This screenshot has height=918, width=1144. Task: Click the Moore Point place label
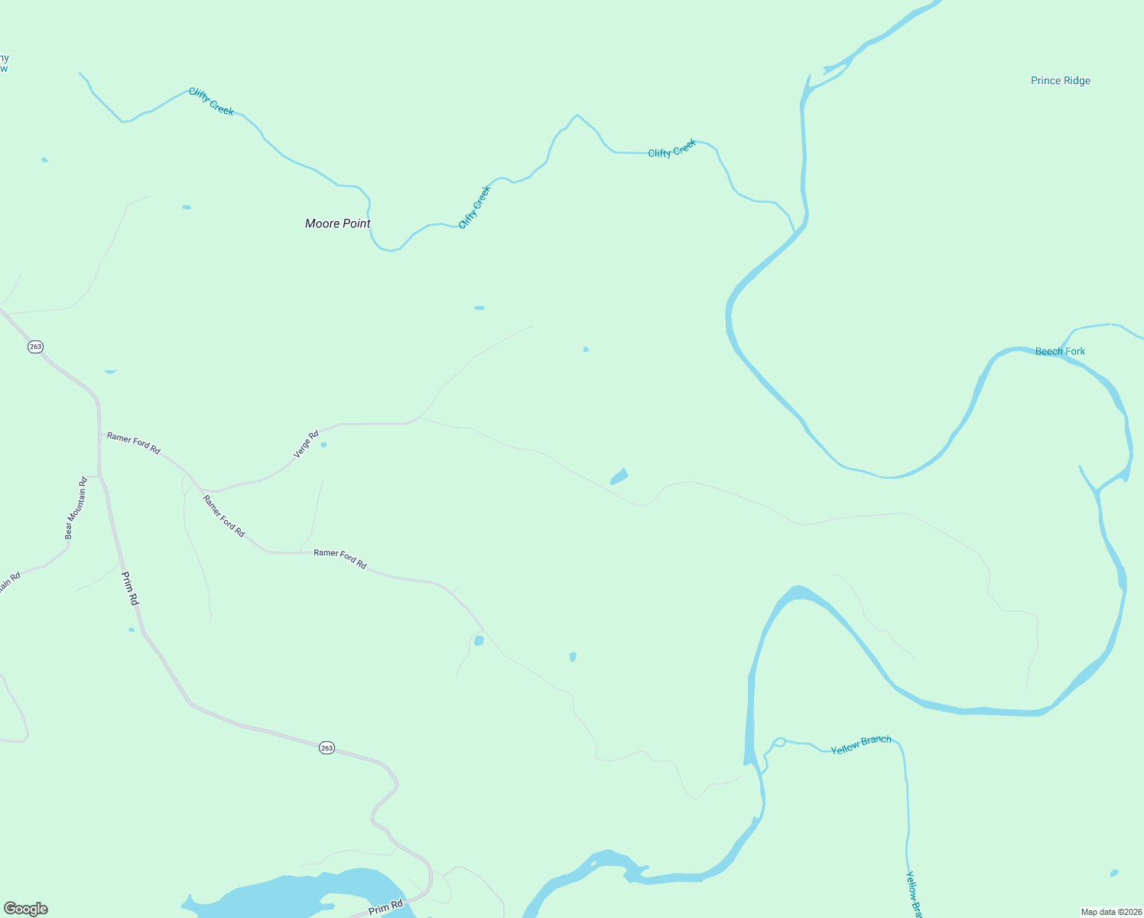[x=337, y=223]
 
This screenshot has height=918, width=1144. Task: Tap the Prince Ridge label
[x=1060, y=80]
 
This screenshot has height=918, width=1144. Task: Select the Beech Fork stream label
[x=1060, y=351]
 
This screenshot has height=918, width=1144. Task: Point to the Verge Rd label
[x=306, y=444]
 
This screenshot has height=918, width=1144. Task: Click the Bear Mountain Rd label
[x=76, y=508]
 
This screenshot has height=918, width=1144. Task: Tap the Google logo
[x=25, y=909]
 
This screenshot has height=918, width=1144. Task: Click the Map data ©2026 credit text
[x=1110, y=912]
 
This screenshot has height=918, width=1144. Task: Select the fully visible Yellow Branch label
[x=861, y=744]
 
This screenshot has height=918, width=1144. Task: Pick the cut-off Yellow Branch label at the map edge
[x=914, y=894]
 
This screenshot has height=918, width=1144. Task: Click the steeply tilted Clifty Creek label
[x=474, y=207]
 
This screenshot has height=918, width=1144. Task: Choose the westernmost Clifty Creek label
[x=211, y=102]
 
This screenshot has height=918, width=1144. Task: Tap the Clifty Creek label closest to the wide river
[x=672, y=148]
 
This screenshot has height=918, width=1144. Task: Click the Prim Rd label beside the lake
[x=385, y=908]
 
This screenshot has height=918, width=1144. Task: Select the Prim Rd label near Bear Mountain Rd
[x=131, y=588]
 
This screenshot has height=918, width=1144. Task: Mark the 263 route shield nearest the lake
[x=327, y=747]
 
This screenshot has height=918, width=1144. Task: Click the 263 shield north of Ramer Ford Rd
[x=35, y=347]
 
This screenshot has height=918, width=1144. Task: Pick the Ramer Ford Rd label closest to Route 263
[x=134, y=443]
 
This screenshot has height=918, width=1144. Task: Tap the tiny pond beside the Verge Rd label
[x=323, y=444]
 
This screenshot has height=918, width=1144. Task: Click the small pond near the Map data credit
[x=1114, y=873]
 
